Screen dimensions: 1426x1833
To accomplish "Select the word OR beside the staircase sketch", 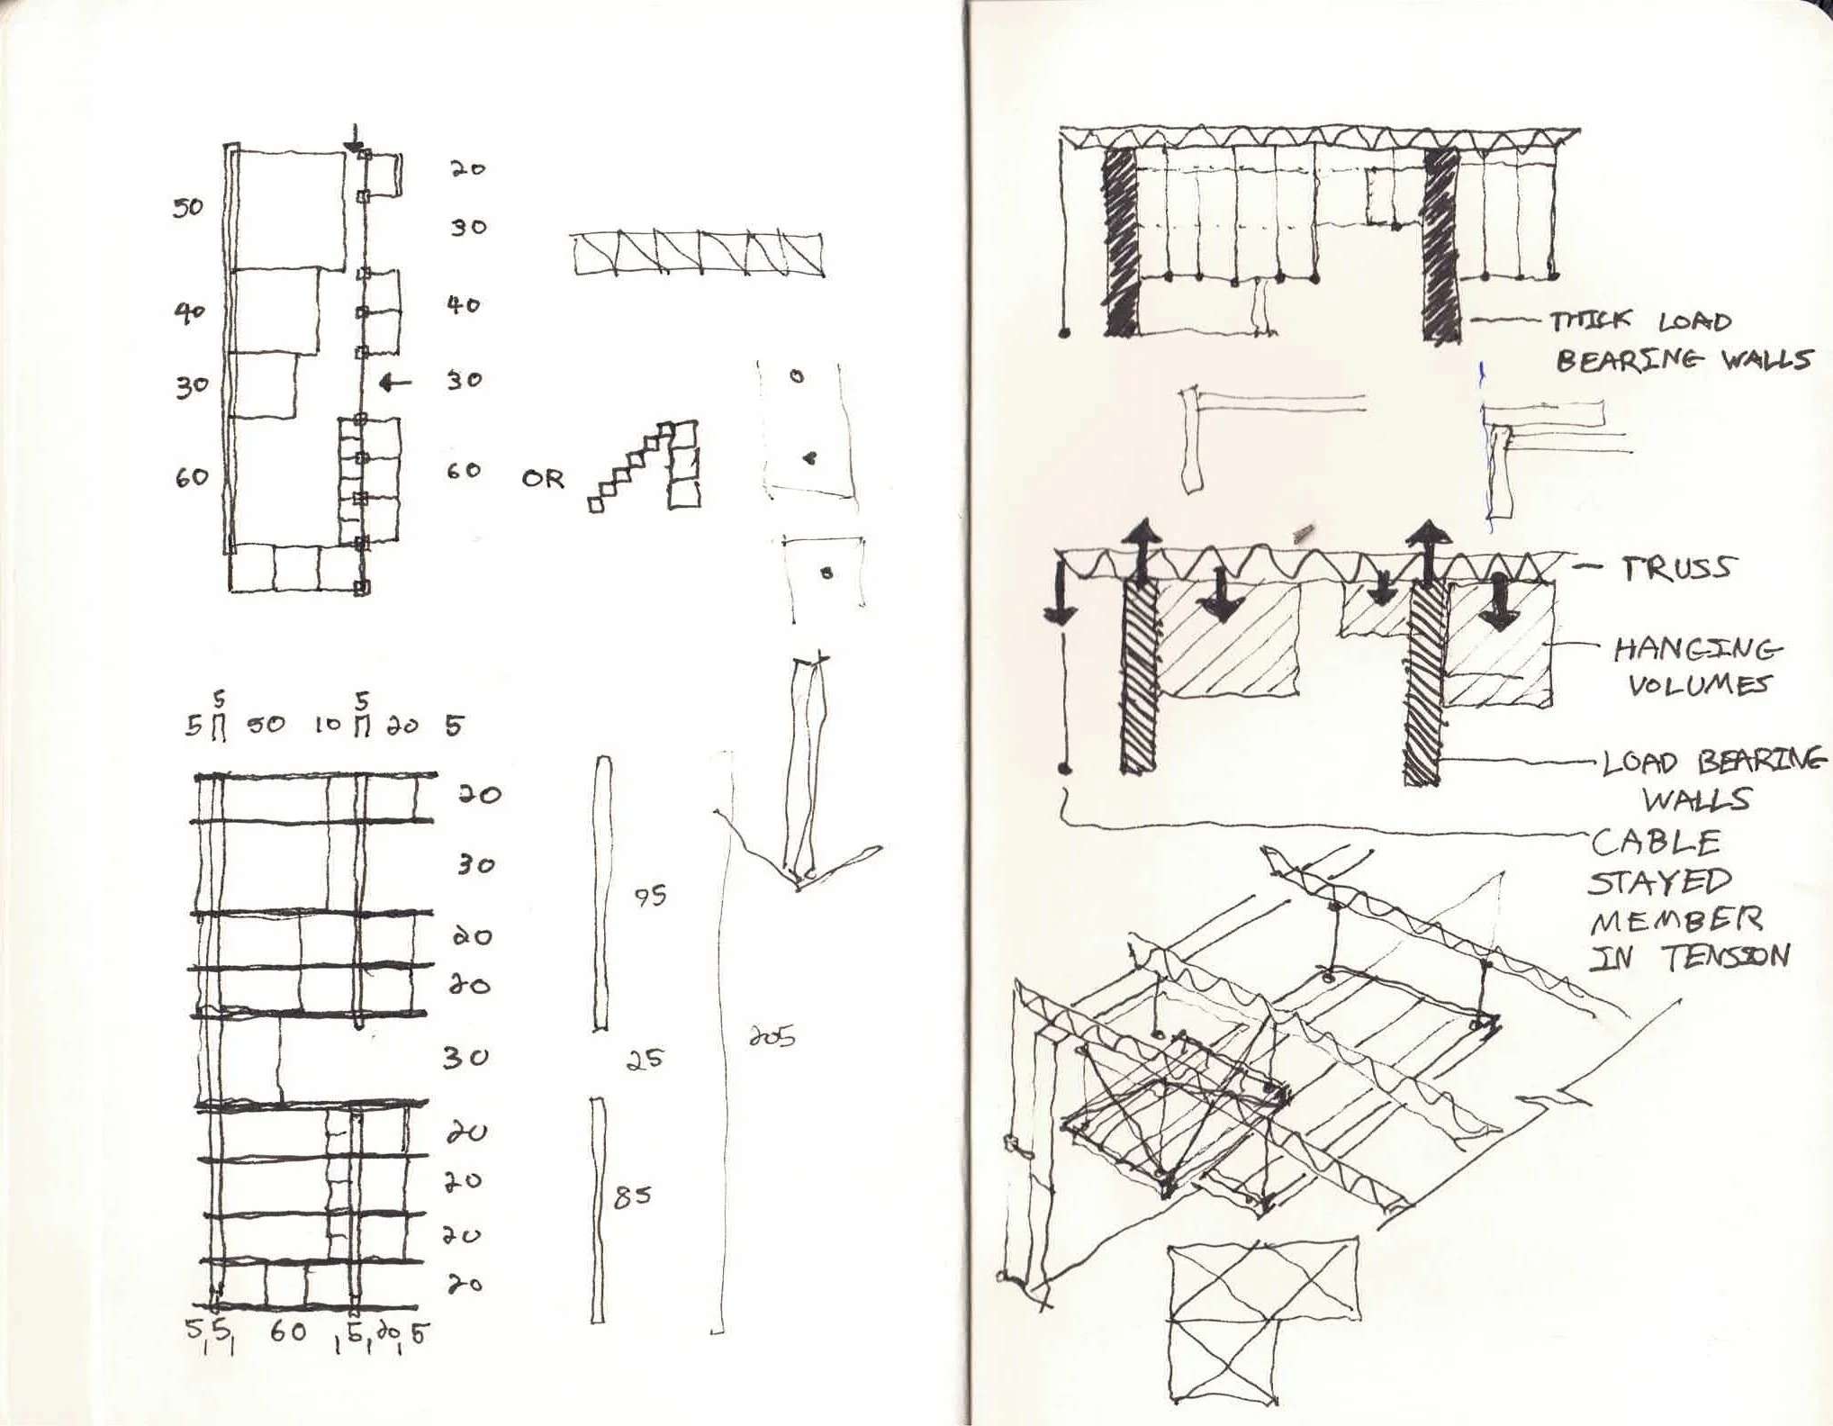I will (543, 479).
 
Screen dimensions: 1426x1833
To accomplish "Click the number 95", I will (649, 896).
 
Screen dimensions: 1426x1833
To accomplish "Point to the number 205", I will (772, 1038).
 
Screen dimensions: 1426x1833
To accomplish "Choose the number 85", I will (632, 1197).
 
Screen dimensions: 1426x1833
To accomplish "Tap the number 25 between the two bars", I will (645, 1060).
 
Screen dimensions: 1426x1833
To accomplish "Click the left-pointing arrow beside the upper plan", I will (394, 384).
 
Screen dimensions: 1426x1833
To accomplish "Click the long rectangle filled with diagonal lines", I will (698, 254).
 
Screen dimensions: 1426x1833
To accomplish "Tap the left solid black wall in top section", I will (1119, 242).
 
